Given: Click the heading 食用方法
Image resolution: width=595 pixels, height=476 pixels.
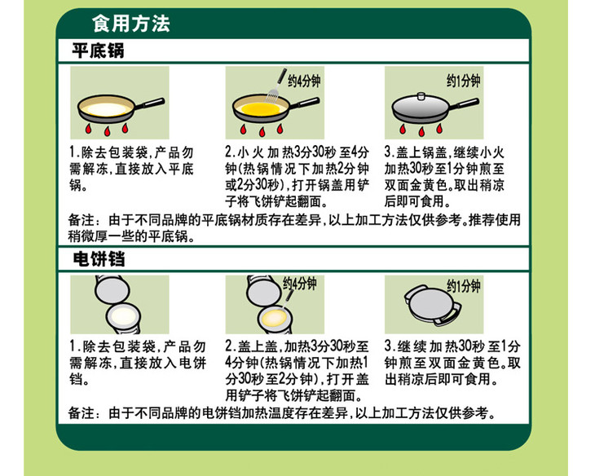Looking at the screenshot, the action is point(131,24).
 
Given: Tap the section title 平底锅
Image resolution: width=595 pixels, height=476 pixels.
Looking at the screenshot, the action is point(99,51).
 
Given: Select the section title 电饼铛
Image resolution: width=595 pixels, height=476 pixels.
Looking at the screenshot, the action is point(99,259).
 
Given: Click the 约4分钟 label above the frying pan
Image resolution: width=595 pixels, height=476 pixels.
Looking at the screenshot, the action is point(304,81).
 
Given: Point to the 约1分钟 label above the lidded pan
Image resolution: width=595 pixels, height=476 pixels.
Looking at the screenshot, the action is point(463,81).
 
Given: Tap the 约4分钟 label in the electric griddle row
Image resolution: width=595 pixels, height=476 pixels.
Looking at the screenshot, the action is point(300,283).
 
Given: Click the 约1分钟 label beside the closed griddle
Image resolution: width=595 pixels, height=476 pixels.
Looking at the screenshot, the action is point(463,286).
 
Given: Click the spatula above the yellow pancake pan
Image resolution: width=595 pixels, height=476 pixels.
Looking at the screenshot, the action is point(276,86).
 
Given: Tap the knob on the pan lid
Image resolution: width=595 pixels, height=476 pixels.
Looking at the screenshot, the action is point(421,96).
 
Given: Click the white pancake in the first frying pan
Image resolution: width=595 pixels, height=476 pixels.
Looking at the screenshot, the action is point(107,109).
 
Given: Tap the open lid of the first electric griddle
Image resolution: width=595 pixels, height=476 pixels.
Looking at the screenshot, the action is point(112,289).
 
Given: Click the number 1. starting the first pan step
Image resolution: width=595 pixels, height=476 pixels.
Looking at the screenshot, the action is point(73,152).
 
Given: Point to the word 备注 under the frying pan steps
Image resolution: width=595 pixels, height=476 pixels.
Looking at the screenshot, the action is point(81,220).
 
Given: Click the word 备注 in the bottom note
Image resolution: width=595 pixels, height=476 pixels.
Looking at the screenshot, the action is point(81,412).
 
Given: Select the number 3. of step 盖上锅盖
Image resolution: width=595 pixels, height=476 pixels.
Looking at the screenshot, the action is point(390,152).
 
